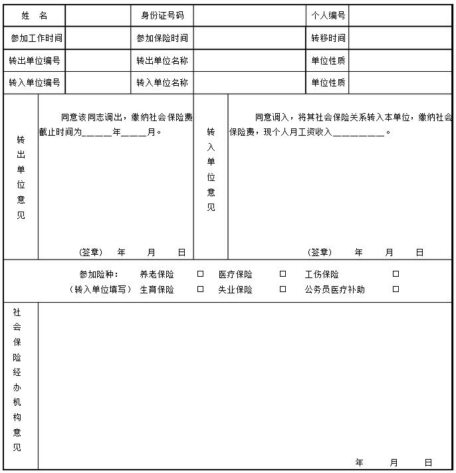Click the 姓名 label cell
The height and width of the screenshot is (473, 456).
point(35,15)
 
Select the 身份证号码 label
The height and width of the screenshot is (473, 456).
point(162,15)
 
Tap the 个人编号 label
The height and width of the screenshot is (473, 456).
point(328,15)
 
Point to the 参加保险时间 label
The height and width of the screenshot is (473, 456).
point(162,39)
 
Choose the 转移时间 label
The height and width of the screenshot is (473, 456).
point(328,39)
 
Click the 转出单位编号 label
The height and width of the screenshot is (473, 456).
point(35,61)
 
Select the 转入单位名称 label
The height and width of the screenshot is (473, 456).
point(162,82)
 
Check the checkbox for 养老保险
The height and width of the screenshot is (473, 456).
point(200,273)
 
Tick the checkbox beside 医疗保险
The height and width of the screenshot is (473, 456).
point(283,273)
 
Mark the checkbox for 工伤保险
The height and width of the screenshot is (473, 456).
point(396,273)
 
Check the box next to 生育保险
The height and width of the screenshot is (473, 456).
point(200,289)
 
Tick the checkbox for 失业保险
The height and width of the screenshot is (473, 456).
point(283,289)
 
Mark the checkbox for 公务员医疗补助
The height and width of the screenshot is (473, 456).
point(396,289)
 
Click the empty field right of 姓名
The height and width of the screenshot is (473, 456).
point(98,15)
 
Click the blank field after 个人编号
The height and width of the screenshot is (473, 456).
point(399,15)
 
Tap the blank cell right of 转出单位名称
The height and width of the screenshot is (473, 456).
point(249,61)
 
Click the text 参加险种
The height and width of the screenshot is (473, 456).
point(98,274)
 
